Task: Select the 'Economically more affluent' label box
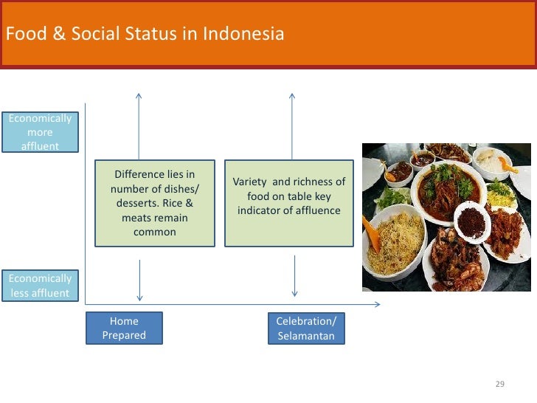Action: (40, 132)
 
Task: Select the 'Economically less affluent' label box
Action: (40, 286)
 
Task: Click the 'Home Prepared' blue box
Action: (124, 328)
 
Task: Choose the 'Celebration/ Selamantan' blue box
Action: (305, 328)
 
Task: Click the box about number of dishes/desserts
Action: (155, 203)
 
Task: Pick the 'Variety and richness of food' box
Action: (288, 203)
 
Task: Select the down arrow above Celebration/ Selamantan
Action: (295, 277)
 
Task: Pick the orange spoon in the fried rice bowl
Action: (371, 235)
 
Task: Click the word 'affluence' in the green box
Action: (313, 211)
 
